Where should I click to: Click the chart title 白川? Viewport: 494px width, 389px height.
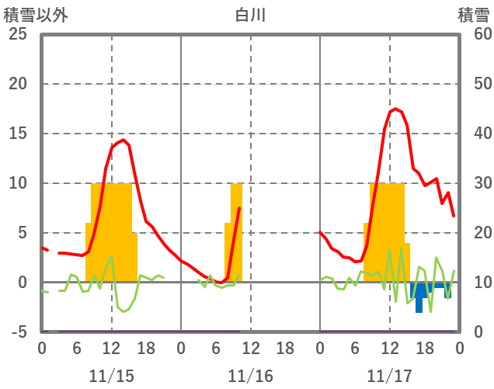250,15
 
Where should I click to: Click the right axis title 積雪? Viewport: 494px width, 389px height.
473,15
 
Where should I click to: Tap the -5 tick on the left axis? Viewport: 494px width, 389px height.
17,332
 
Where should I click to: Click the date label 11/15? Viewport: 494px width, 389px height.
111,376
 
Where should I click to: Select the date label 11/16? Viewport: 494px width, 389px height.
250,376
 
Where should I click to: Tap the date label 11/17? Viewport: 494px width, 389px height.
389,376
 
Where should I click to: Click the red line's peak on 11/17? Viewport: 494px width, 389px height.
395,109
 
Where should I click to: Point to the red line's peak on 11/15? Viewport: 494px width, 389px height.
123,140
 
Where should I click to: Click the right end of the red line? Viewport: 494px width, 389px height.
454,216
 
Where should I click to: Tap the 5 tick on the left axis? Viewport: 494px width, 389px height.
22,233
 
